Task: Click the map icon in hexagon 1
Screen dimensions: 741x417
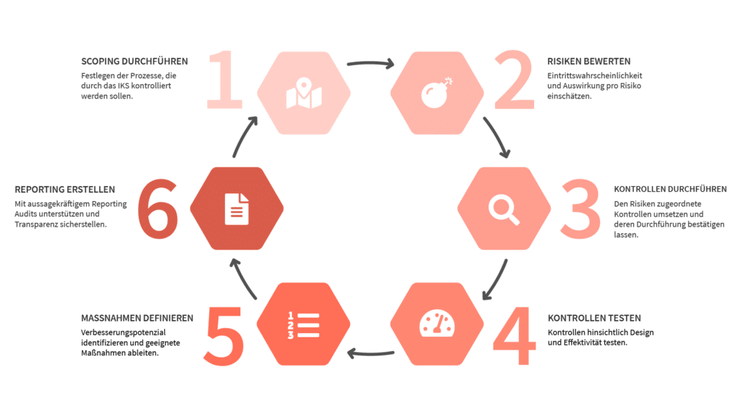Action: click(x=304, y=93)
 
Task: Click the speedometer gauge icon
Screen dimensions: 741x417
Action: click(x=437, y=324)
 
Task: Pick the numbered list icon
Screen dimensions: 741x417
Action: click(x=303, y=325)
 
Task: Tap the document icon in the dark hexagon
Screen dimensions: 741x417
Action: click(x=237, y=209)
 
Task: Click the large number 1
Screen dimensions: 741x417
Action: click(x=225, y=80)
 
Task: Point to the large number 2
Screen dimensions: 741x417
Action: click(x=515, y=80)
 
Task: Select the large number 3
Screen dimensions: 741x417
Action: click(x=581, y=208)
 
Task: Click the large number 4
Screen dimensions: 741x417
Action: click(x=515, y=336)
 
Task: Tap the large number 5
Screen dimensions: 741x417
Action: click(x=224, y=336)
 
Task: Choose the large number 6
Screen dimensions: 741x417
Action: click(x=158, y=208)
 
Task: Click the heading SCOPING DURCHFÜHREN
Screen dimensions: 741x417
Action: click(x=134, y=62)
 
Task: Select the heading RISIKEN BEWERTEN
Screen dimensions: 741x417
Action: click(x=589, y=62)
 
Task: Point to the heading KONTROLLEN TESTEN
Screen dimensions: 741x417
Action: click(x=595, y=319)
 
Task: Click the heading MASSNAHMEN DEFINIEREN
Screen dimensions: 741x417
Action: click(x=137, y=319)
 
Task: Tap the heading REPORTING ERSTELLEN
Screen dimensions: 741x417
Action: click(x=64, y=190)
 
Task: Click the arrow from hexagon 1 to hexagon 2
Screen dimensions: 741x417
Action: click(x=370, y=62)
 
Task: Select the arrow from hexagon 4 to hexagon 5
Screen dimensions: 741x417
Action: click(x=370, y=353)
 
